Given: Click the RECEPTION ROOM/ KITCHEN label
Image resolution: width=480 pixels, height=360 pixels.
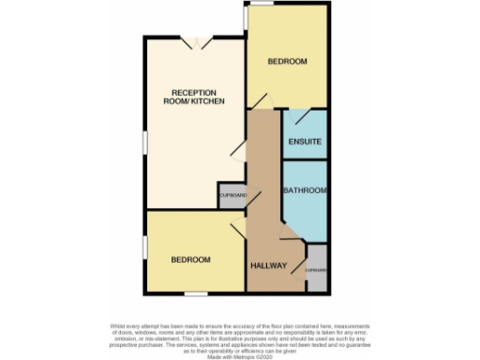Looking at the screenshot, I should tap(197, 97).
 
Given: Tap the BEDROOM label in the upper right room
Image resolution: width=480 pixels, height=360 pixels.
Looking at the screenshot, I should tap(287, 62).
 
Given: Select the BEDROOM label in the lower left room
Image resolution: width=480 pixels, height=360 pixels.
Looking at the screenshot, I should tap(189, 259).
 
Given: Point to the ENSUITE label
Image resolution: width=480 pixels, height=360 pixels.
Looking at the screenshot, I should tap(305, 142).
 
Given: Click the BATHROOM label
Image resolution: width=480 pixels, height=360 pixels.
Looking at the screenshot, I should tap(305, 191).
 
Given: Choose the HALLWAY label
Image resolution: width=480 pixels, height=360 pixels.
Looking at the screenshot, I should tap(267, 266).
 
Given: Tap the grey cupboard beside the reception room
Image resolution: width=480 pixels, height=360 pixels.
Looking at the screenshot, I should tap(232, 195).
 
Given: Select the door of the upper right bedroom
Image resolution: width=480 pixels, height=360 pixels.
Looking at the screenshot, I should tap(263, 100).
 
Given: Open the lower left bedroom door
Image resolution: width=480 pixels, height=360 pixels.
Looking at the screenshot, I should tap(234, 224).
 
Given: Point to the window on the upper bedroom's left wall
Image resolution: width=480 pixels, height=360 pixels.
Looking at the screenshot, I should tap(246, 19).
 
